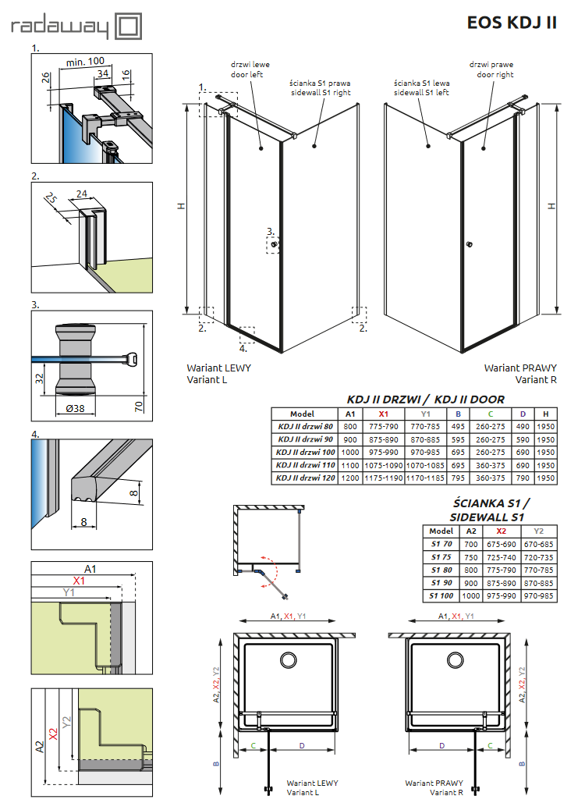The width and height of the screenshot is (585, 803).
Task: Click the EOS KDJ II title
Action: pos(511,22)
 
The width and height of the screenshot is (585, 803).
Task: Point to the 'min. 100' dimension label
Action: pos(85,62)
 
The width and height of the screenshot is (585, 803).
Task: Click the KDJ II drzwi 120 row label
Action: pos(305,478)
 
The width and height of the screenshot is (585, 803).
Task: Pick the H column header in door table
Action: pos(546,414)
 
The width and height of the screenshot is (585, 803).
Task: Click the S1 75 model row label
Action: pos(441,557)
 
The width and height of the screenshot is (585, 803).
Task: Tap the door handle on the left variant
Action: pos(273,245)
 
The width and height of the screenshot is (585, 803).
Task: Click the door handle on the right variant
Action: pos(469,246)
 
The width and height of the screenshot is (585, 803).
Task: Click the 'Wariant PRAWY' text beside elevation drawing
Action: pos(520,367)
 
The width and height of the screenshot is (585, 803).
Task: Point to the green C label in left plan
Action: pos(253,745)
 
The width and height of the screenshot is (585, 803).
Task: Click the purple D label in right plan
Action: pos(441,745)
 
